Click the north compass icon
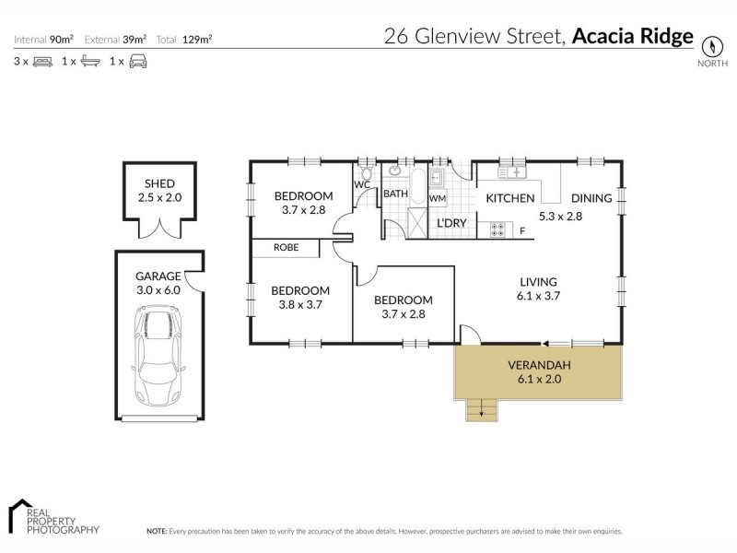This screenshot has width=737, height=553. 710,46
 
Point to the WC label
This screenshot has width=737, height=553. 362,184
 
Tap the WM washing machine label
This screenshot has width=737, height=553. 438,198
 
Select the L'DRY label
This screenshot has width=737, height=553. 451,224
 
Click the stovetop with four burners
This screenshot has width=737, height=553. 498,229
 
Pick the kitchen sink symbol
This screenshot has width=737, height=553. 512,171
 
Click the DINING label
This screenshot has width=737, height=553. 591,198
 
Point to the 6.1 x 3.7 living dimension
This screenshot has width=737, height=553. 539,296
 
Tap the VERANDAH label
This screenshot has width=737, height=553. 539,365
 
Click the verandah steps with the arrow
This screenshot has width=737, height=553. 479,409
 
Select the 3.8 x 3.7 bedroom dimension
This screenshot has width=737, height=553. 300,304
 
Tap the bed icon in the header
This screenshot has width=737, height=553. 41,62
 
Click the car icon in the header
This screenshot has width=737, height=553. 137,62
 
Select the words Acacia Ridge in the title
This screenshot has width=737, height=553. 632,37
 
